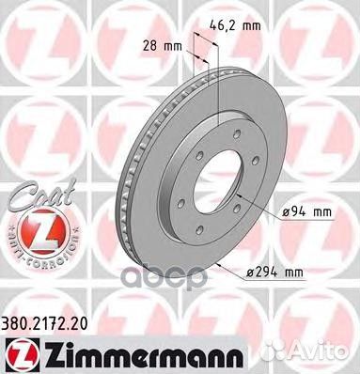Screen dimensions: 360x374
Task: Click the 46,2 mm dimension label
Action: pyautogui.click(x=235, y=25)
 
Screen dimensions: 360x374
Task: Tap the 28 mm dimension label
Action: pyautogui.click(x=163, y=46)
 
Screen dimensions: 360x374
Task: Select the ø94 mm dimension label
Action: pyautogui.click(x=306, y=212)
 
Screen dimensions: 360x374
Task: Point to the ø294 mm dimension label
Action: pyautogui.click(x=274, y=273)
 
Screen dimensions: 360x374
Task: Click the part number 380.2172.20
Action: pyautogui.click(x=44, y=324)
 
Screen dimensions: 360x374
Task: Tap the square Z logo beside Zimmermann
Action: pyautogui.click(x=20, y=355)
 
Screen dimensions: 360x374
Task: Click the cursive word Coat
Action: pyautogui.click(x=41, y=194)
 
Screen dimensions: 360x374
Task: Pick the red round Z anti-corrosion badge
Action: pyautogui.click(x=41, y=231)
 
